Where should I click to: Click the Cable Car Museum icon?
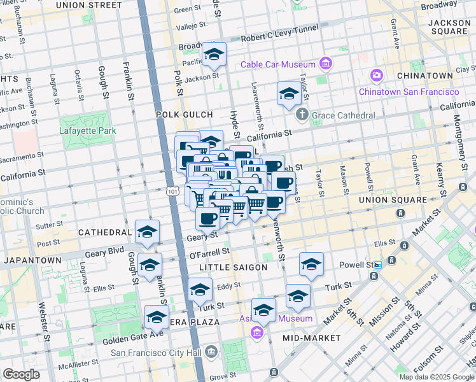[326, 64]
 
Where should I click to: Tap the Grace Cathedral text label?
[343, 115]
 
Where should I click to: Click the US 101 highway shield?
[171, 191]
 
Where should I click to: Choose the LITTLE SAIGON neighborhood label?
[233, 267]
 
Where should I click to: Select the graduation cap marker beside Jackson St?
[214, 54]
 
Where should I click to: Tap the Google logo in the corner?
[21, 374]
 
